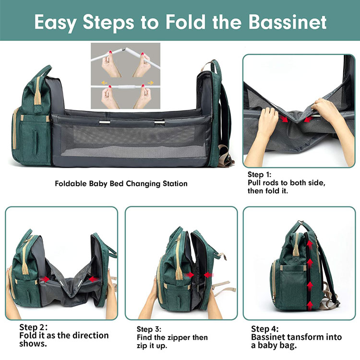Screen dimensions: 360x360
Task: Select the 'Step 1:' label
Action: click(262, 175)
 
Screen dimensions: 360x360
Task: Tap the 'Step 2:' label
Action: click(33, 327)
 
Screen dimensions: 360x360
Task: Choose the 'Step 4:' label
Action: click(264, 329)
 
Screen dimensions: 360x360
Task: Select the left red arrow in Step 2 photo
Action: click(46, 278)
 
